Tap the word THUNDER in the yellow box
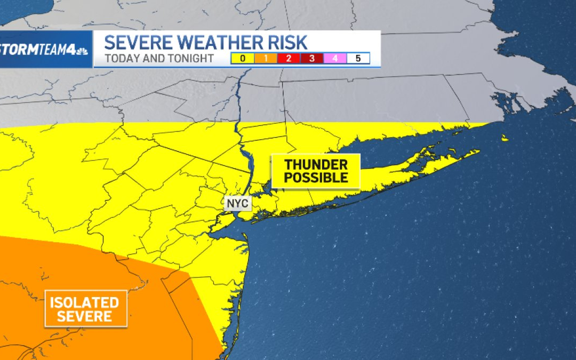click(x=316, y=165)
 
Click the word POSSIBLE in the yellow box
click(x=316, y=178)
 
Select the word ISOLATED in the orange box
click(x=85, y=302)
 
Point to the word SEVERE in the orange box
click(x=85, y=316)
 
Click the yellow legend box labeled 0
click(x=243, y=59)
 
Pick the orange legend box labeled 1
click(x=266, y=59)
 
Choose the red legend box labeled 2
click(x=289, y=59)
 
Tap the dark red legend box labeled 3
click(x=311, y=59)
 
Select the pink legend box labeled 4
click(x=335, y=59)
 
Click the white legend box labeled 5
click(x=358, y=59)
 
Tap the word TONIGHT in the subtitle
click(x=190, y=59)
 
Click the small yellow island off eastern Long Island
click(x=505, y=138)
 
